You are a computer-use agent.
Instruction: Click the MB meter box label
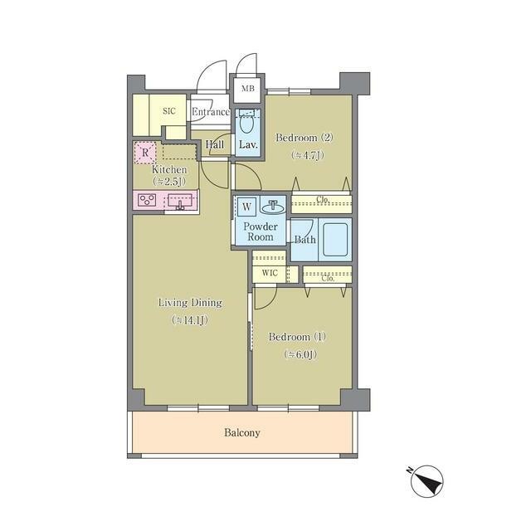tap(247, 89)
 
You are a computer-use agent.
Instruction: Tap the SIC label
tap(169, 110)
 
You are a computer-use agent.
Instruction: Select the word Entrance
tap(210, 112)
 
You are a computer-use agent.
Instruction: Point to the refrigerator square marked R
tap(145, 153)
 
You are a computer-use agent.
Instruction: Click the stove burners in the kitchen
tap(147, 199)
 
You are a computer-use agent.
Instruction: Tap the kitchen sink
tap(180, 202)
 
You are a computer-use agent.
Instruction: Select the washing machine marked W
tap(246, 207)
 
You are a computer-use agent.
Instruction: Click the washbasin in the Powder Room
tap(273, 207)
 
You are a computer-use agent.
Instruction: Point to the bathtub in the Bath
tap(335, 240)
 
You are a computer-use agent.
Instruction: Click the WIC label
tap(270, 273)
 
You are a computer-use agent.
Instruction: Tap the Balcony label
tap(242, 432)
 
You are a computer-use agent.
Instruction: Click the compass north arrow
tap(427, 481)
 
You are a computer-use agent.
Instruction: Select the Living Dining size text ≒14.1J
tap(190, 320)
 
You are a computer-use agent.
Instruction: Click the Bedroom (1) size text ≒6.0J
tap(300, 354)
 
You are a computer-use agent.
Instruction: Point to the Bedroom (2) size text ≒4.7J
tap(308, 155)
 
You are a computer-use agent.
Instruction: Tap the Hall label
tap(215, 144)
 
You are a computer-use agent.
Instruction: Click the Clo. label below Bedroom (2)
tap(323, 200)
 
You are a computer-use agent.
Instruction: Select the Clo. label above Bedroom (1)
tap(328, 279)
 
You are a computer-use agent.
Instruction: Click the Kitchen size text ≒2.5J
tap(169, 182)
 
